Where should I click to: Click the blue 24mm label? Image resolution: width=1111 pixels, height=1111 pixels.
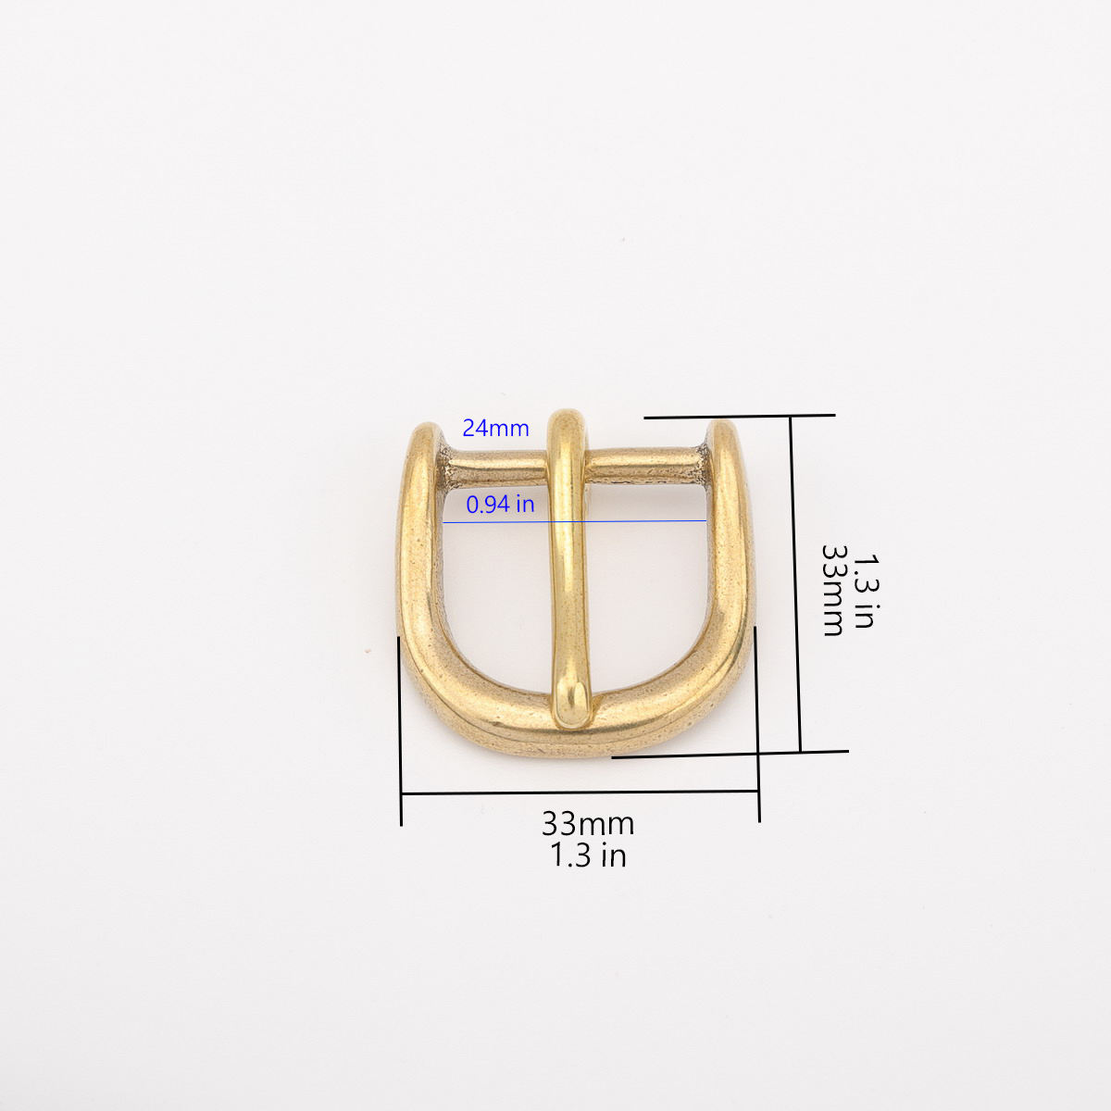(495, 429)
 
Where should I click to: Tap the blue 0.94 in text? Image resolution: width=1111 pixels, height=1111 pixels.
(500, 505)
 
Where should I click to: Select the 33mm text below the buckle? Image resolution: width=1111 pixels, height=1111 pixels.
(588, 822)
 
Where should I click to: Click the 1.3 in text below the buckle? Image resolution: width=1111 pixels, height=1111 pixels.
(588, 855)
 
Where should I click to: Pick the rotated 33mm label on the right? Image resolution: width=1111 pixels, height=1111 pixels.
(833, 589)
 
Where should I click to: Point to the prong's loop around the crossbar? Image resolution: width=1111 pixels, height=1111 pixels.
(568, 435)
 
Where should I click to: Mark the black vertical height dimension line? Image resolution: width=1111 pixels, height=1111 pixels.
(795, 583)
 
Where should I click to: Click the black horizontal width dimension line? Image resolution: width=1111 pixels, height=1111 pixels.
(580, 793)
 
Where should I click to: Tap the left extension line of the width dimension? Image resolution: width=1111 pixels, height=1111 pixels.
(401, 731)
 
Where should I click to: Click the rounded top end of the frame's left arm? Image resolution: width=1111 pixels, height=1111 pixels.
(426, 433)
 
